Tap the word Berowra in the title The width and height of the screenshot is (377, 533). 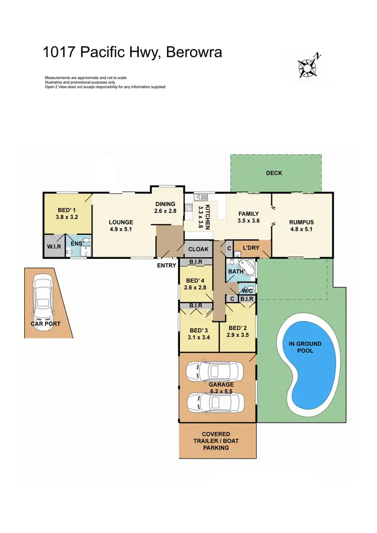(x=190, y=53)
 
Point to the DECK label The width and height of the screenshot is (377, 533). (x=274, y=173)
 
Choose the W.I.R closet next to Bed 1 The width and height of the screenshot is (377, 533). (x=54, y=247)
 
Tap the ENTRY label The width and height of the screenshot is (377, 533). (x=166, y=265)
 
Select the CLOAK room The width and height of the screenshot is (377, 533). (x=198, y=249)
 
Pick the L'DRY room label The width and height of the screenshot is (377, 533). (x=251, y=248)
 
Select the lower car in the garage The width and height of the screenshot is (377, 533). (x=215, y=402)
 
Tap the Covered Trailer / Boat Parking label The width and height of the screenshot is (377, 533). (x=216, y=441)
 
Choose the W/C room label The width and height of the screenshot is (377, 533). (x=246, y=290)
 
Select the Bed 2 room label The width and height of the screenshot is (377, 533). (x=238, y=326)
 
